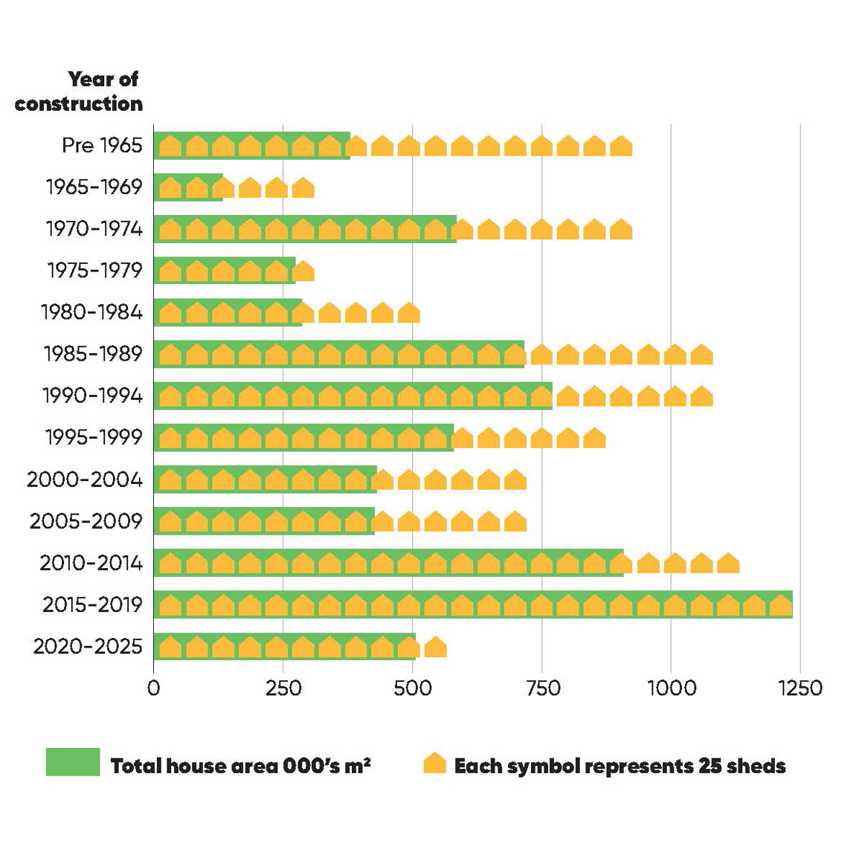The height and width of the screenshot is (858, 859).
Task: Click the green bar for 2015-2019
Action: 473,604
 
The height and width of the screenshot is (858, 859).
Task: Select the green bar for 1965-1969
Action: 188,187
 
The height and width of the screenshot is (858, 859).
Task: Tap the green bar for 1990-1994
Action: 353,396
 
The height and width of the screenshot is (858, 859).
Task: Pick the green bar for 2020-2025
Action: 284,646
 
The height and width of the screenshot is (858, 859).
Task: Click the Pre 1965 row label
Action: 102,145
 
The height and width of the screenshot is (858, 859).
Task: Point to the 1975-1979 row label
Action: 94,270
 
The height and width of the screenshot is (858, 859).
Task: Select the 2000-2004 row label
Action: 85,480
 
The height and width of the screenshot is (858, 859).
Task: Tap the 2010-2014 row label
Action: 91,563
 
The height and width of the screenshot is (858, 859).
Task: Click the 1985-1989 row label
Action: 93,354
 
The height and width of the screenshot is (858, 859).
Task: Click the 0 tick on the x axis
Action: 154,688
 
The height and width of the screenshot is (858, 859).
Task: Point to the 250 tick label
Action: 283,688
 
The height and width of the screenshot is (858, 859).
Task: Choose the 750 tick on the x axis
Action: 542,688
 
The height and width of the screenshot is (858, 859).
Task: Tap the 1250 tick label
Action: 800,688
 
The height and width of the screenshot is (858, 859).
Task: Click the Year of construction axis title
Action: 79,91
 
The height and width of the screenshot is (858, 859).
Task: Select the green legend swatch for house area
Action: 73,762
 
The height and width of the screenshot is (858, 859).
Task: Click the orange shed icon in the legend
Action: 434,764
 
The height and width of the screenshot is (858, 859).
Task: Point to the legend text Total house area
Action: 240,766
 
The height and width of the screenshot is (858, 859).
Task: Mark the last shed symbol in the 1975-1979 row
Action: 303,271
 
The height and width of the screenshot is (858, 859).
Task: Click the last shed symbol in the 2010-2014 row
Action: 728,564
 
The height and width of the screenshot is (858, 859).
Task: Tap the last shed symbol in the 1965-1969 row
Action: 303,188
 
